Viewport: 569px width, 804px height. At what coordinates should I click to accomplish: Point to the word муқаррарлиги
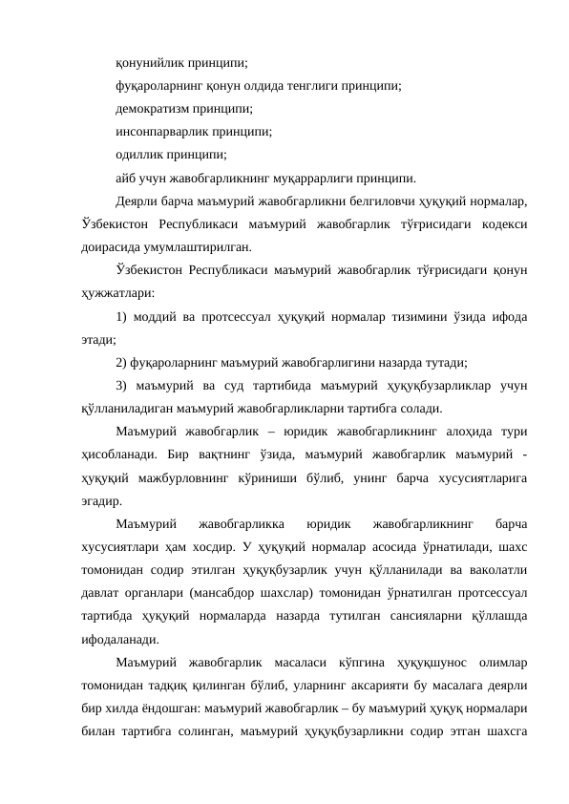click(316, 177)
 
